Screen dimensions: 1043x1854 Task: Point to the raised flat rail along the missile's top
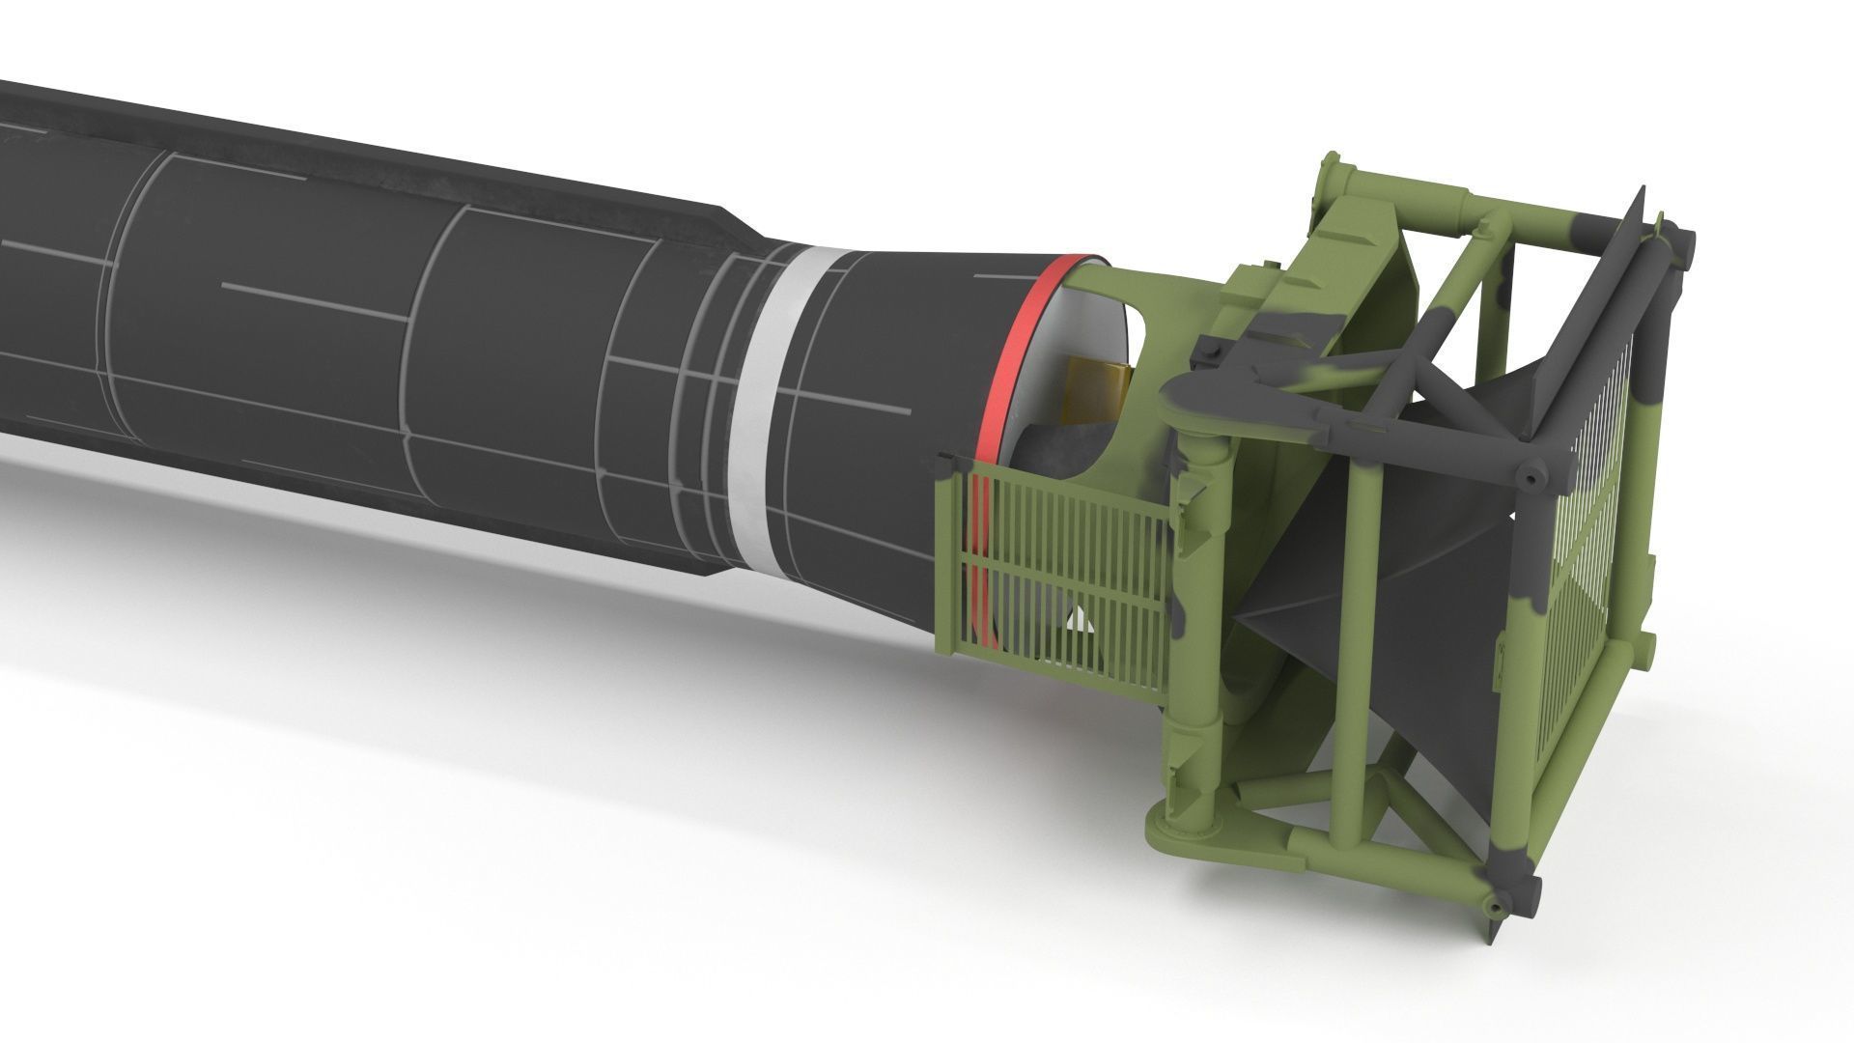[386, 145]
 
